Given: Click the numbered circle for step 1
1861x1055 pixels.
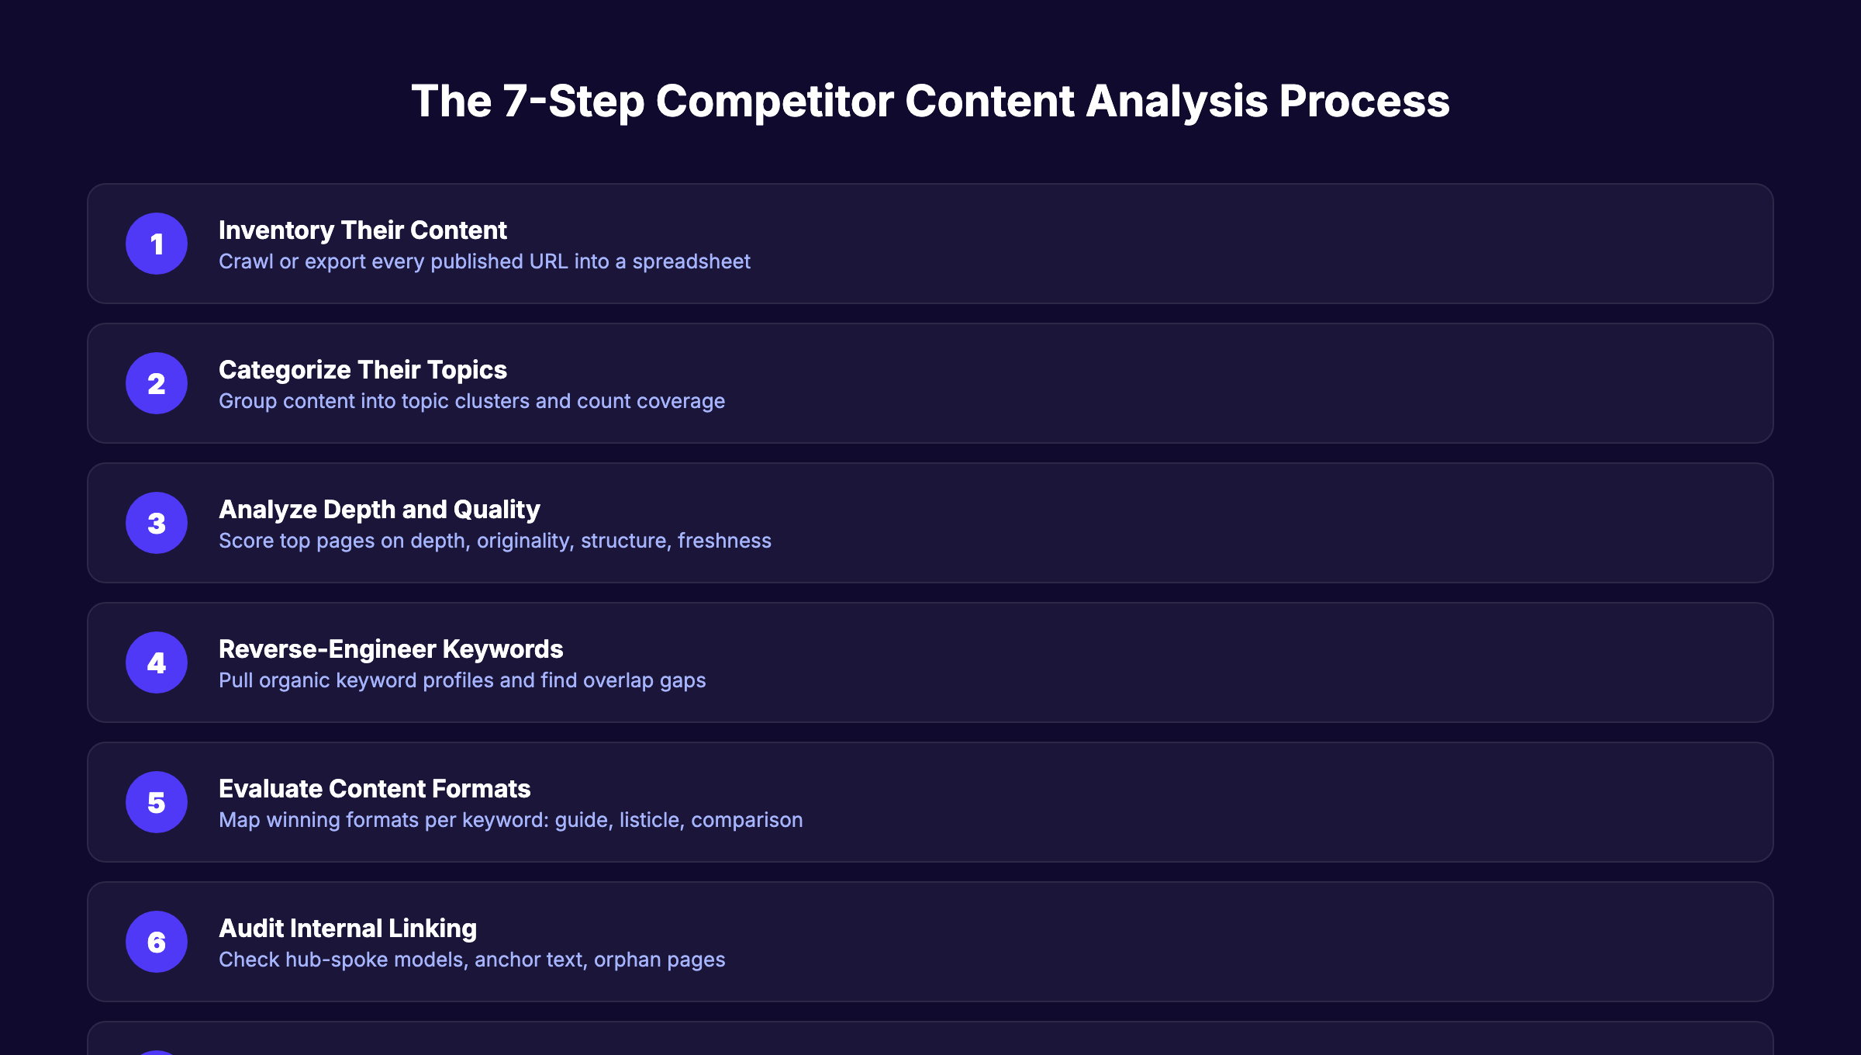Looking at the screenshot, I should coord(157,244).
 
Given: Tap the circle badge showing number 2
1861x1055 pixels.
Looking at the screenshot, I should coord(157,383).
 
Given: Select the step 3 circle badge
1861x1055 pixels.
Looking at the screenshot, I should coord(157,523).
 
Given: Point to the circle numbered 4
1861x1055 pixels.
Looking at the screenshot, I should coord(157,662).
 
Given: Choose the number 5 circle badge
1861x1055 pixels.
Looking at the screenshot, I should coord(157,802).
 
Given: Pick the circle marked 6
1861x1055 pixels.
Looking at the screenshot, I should coord(157,942).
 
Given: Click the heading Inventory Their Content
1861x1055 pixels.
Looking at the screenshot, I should coord(362,230).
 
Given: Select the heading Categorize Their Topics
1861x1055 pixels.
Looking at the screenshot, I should coord(362,370).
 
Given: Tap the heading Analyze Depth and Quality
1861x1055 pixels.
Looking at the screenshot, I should coord(379,510).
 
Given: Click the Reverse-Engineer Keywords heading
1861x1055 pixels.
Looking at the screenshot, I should coord(391,649).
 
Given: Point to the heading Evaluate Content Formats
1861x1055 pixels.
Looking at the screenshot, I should coord(375,789).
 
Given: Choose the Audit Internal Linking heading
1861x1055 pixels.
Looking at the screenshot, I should coord(347,929).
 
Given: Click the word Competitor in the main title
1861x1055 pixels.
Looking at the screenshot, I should coord(775,102).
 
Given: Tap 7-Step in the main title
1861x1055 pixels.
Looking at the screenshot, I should coord(573,102).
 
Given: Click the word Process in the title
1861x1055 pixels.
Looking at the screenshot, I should coord(1364,102).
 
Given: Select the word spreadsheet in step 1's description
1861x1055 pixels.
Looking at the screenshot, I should coord(691,262).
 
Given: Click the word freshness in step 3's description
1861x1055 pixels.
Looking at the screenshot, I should coord(724,541).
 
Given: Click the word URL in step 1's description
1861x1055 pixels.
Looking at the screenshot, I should coord(548,261).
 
